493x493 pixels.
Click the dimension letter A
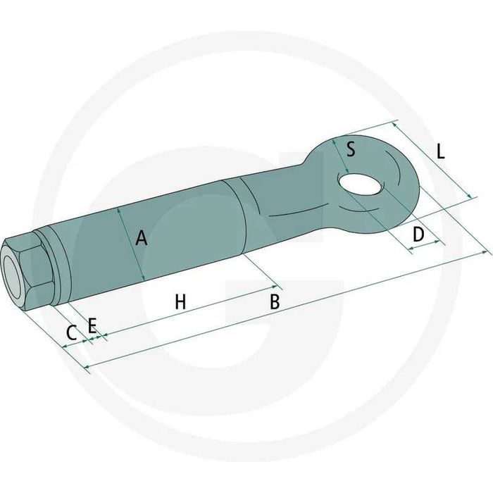[x=141, y=238]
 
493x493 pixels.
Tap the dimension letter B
[x=275, y=301]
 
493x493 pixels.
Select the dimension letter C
[x=72, y=333]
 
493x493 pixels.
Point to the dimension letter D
[x=418, y=235]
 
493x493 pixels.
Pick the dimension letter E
[x=92, y=325]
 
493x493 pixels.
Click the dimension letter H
[x=180, y=301]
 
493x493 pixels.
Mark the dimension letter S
[x=351, y=149]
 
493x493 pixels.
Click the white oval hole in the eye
[x=361, y=185]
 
